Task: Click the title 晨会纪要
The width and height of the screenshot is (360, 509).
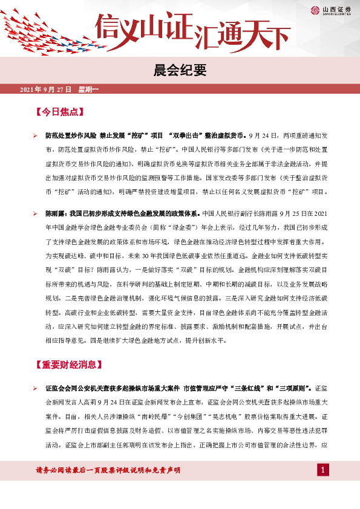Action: click(x=180, y=70)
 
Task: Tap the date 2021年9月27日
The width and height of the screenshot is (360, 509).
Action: click(x=46, y=90)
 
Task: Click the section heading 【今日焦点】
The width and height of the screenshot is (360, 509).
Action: click(x=59, y=112)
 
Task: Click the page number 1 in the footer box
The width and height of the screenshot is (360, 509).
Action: click(x=323, y=470)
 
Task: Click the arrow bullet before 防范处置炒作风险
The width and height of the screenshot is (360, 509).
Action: click(x=35, y=136)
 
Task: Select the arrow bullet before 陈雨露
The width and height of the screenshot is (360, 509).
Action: click(x=35, y=213)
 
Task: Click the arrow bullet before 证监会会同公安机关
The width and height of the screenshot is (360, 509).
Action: click(x=35, y=387)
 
